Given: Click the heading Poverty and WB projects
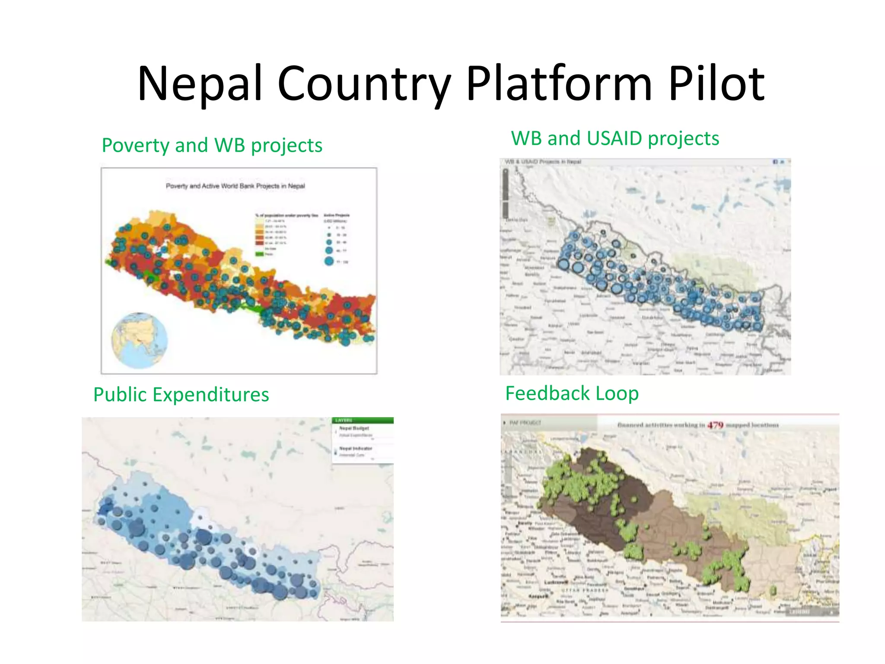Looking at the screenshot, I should [x=212, y=145].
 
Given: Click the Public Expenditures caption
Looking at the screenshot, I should [x=181, y=394].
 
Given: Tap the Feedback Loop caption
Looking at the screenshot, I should [x=572, y=393].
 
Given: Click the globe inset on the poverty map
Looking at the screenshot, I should [x=139, y=340].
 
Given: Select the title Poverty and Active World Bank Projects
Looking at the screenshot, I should [x=236, y=186].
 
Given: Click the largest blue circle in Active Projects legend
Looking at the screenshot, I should [x=329, y=261].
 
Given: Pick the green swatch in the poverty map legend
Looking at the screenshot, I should [x=259, y=254].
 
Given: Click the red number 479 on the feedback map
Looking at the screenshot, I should [x=715, y=425].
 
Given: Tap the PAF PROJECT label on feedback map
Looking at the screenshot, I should [x=525, y=422].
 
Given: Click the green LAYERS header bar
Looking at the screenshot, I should [x=362, y=420].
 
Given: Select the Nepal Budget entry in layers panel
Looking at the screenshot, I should [x=354, y=428].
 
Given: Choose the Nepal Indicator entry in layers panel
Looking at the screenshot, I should [x=355, y=448].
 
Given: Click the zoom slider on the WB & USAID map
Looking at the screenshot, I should [x=505, y=192].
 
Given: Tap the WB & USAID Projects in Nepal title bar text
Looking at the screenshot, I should [x=543, y=162].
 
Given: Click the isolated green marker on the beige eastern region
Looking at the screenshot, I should [x=773, y=590].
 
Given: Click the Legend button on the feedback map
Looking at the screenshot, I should [x=799, y=612].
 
